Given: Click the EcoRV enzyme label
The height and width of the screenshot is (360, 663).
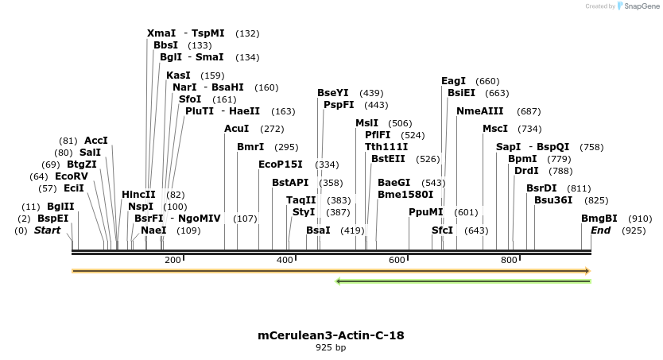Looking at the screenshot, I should (72, 176).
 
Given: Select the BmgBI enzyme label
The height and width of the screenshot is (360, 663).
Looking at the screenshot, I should (599, 219).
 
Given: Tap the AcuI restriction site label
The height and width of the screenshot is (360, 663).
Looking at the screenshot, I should (237, 129).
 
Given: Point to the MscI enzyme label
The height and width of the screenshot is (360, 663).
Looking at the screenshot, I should (495, 129).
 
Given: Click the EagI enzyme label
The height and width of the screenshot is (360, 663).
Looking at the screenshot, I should (453, 81).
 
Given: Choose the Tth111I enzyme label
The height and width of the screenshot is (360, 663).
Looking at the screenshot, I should (386, 147).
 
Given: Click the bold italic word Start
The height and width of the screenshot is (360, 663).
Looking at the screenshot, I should (47, 230).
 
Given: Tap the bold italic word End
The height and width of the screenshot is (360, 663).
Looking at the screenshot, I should (601, 230).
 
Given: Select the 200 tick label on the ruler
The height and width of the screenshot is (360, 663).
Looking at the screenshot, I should (172, 260).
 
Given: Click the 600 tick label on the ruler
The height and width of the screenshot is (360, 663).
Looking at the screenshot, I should (397, 260).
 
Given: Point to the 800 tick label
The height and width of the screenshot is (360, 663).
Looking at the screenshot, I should (509, 260).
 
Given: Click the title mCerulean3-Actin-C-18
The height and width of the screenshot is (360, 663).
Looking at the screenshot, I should (331, 335).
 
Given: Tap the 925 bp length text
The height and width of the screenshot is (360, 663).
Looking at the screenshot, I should (331, 347).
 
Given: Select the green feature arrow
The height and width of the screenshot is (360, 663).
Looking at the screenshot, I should (463, 281).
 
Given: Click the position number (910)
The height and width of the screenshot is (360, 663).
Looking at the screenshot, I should (640, 219).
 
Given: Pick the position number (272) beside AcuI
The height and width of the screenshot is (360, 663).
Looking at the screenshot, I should (272, 129).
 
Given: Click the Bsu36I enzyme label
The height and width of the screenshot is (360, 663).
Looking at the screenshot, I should (553, 200).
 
